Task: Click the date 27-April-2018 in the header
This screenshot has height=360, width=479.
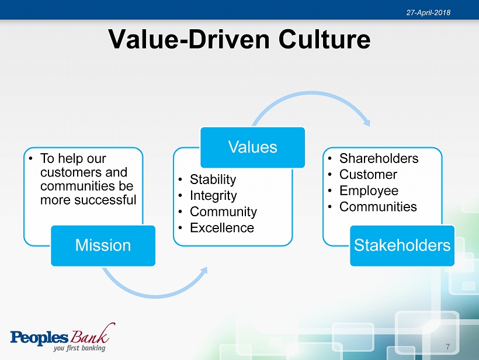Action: coord(428,12)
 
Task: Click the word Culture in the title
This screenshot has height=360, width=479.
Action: coord(324,39)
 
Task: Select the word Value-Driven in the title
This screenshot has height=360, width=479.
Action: coord(189,39)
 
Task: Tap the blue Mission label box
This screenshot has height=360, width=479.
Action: coord(103,245)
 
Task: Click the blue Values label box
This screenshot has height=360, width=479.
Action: coord(252,147)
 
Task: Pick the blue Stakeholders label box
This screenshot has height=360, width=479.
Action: coord(402,245)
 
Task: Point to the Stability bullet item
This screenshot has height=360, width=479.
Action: coord(213,179)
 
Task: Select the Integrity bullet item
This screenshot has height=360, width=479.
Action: coord(213,196)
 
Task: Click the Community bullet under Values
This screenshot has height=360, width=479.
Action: coord(223,212)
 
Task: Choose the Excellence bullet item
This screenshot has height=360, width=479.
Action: coord(222,228)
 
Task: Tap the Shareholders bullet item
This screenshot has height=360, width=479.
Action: coord(379,158)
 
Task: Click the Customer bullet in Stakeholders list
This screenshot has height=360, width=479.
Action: coord(368,175)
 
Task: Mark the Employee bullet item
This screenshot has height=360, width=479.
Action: coord(369,191)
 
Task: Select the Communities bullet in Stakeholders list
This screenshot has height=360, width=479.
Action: coord(378,207)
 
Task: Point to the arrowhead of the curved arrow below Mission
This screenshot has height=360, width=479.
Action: coord(204,271)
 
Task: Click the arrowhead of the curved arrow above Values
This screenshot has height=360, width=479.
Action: coord(367,122)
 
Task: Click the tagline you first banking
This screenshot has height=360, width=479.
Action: coord(79,348)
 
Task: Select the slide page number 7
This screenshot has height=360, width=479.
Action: coord(448,347)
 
